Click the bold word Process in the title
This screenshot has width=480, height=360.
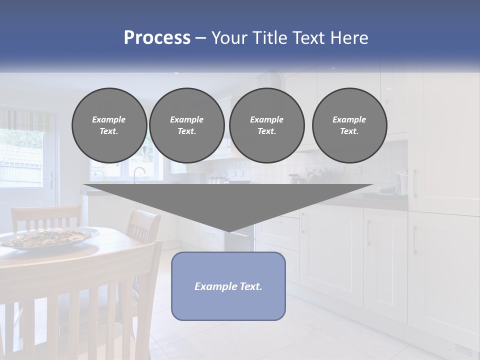[x=157, y=38]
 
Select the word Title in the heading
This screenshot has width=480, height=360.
[x=270, y=38]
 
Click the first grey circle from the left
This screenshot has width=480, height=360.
[x=109, y=125]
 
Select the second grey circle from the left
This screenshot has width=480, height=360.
[x=186, y=125]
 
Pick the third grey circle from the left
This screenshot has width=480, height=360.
[x=266, y=125]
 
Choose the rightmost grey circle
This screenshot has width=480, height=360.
[x=349, y=125]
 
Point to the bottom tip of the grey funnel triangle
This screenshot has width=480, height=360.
[x=228, y=231]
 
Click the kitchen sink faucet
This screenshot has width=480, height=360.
[x=137, y=173]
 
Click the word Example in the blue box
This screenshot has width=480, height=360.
[x=215, y=286]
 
